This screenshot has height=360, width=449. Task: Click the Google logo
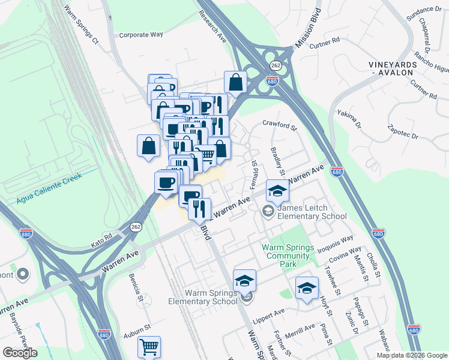[x=20, y=352]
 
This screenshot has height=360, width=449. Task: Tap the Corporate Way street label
[x=141, y=35]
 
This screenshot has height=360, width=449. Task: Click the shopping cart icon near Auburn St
[x=149, y=346]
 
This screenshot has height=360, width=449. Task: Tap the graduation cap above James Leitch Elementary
[x=277, y=191]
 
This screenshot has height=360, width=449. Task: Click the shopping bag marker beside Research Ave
[x=235, y=82]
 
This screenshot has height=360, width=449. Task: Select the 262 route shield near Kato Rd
[x=136, y=227]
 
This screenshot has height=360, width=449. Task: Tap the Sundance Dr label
[x=424, y=10]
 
